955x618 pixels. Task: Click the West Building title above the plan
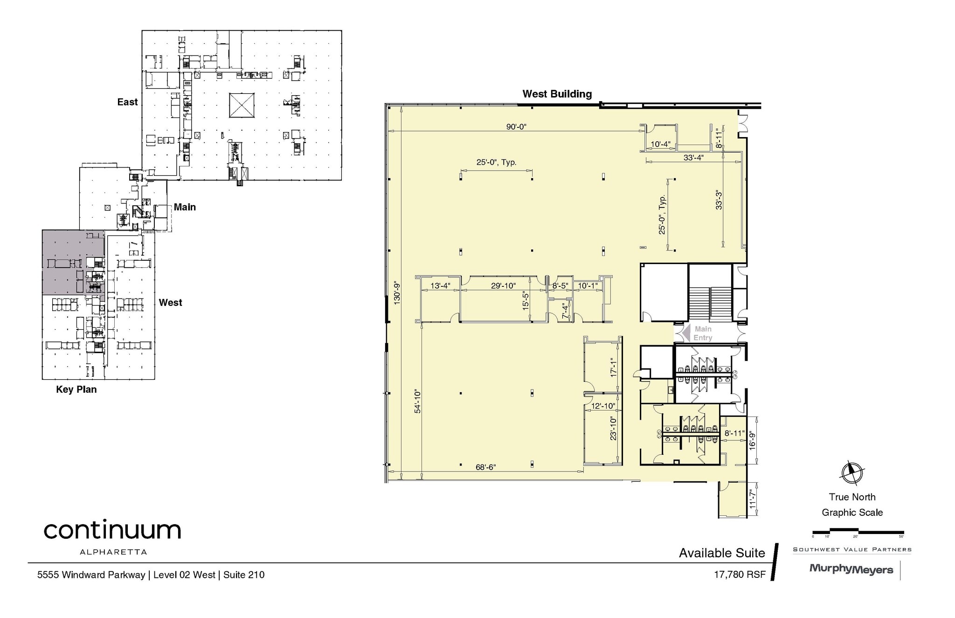[x=557, y=94]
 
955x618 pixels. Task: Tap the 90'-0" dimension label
[x=516, y=127]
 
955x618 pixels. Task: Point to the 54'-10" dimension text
[x=417, y=402]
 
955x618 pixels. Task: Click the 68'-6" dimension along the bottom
[x=485, y=467]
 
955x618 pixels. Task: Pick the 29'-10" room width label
[x=503, y=286]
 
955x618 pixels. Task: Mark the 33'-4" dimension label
[x=693, y=158]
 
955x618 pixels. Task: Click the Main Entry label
[x=703, y=333]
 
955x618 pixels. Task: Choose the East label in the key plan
[x=127, y=102]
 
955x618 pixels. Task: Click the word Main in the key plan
[x=185, y=207]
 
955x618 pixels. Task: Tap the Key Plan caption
[x=76, y=389]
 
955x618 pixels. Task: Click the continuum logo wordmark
[x=112, y=530]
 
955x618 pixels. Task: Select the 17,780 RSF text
[x=740, y=575]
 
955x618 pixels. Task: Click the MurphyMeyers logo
[x=851, y=569]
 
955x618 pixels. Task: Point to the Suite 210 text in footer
[x=244, y=575]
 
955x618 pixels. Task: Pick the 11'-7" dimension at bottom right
[x=752, y=500]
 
